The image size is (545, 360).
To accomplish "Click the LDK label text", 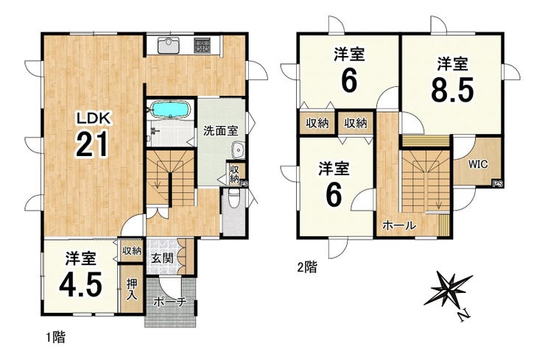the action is [94, 119].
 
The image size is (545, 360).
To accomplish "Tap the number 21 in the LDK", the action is [91, 145].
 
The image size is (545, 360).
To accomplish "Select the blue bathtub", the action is [170, 110].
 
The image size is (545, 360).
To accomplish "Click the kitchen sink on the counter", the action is [169, 45].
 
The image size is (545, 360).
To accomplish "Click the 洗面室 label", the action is [221, 131].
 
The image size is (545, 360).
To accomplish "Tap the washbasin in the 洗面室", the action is [238, 150].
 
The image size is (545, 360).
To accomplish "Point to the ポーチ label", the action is [170, 302].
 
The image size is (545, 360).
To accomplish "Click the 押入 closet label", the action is [132, 290].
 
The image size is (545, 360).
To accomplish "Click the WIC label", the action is [478, 164].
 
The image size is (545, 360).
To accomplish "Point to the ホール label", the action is [399, 225].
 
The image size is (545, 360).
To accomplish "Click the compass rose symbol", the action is [449, 289].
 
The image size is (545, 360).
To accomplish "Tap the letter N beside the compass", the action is [464, 316].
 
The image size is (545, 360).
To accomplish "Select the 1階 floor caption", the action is [56, 336].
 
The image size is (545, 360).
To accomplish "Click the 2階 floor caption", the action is [307, 267].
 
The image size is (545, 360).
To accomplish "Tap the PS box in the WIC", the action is [497, 184].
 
